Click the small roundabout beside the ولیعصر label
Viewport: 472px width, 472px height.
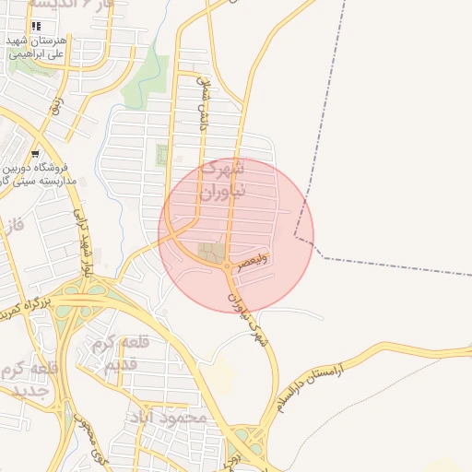tap(227, 266)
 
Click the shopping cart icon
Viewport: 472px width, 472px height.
tap(34, 155)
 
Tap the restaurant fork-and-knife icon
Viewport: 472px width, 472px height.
tap(36, 27)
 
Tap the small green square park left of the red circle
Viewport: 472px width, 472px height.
tap(162, 155)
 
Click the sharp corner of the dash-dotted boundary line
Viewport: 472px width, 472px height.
tap(296, 236)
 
